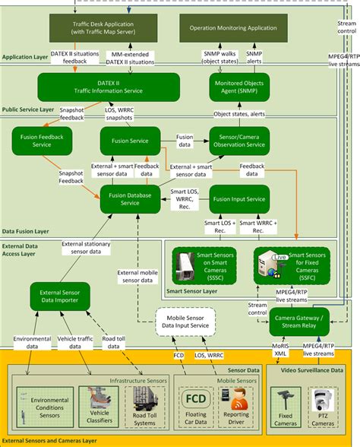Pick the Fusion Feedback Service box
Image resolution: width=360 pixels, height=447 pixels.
tap(42, 141)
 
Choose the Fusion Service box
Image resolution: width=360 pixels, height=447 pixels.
tap(129, 141)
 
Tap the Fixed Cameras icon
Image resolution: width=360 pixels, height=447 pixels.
tap(286, 399)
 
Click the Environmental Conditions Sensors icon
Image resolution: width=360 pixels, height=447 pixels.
tap(39, 400)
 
